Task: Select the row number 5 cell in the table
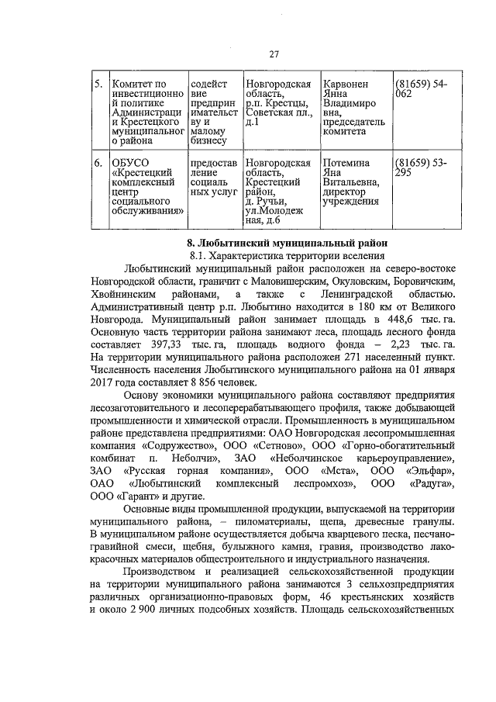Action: pyautogui.click(x=98, y=84)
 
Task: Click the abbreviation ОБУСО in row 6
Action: pyautogui.click(x=129, y=163)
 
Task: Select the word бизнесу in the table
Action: pyautogui.click(x=208, y=141)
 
